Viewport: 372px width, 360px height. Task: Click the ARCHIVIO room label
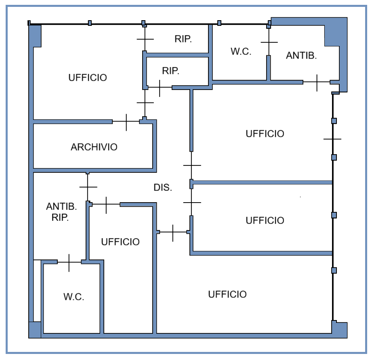click(94, 147)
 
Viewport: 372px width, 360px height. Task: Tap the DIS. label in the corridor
click(163, 187)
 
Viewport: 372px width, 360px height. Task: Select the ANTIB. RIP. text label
click(61, 212)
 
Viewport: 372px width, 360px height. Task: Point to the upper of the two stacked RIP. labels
click(183, 39)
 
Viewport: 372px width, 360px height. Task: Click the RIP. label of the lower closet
click(170, 71)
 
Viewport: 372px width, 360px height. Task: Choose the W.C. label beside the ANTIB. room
click(241, 51)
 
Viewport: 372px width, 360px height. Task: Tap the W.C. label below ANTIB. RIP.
click(74, 297)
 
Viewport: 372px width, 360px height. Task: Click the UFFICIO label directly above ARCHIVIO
click(88, 78)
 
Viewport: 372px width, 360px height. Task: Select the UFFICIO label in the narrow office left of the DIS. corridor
click(120, 242)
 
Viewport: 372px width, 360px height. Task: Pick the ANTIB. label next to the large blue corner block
click(301, 56)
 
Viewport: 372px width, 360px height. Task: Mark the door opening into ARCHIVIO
click(126, 121)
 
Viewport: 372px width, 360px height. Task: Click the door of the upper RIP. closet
click(145, 39)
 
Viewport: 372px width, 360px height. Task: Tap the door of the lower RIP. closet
click(160, 88)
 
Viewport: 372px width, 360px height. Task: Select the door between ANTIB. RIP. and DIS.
click(88, 187)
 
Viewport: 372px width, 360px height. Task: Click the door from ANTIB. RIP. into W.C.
click(69, 262)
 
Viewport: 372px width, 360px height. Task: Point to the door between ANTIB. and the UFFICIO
click(317, 82)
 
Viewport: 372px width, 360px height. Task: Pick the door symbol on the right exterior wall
click(332, 139)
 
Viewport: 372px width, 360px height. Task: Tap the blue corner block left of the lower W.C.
click(35, 330)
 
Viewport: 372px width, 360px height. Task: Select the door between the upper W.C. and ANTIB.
click(269, 42)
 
